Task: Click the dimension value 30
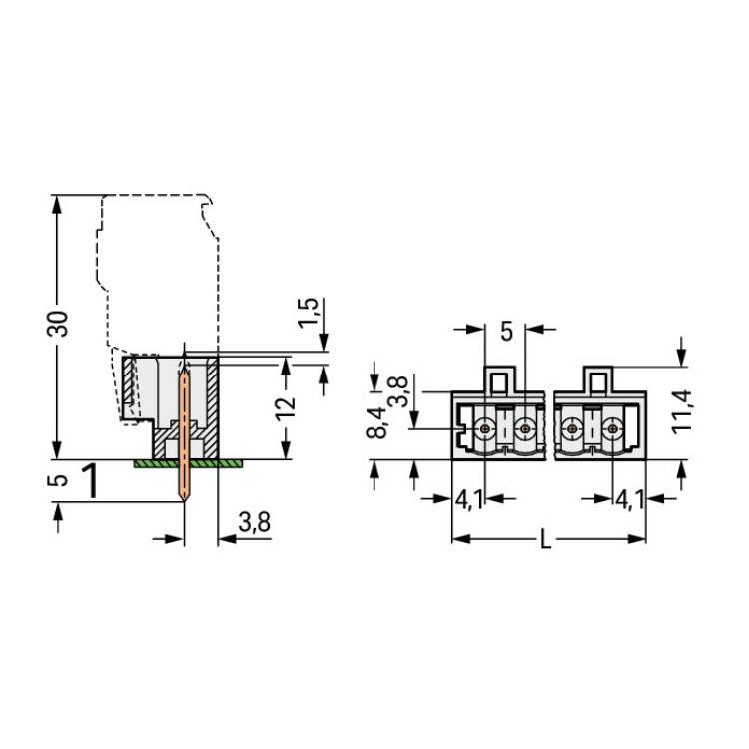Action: click(57, 324)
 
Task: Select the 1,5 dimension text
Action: click(308, 313)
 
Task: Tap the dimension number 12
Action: click(286, 407)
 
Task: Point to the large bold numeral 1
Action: click(90, 480)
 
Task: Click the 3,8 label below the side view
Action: click(254, 521)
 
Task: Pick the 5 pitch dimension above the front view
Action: click(506, 331)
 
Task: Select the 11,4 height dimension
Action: click(682, 411)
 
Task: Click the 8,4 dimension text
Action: click(376, 422)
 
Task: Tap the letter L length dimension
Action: click(545, 540)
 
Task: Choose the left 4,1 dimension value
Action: click(469, 499)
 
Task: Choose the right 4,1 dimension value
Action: click(629, 499)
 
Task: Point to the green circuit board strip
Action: click(188, 463)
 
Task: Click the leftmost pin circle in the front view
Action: click(485, 429)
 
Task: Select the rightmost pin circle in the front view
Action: click(612, 429)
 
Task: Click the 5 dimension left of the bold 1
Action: click(57, 480)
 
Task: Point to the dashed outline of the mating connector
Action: click(219, 297)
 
